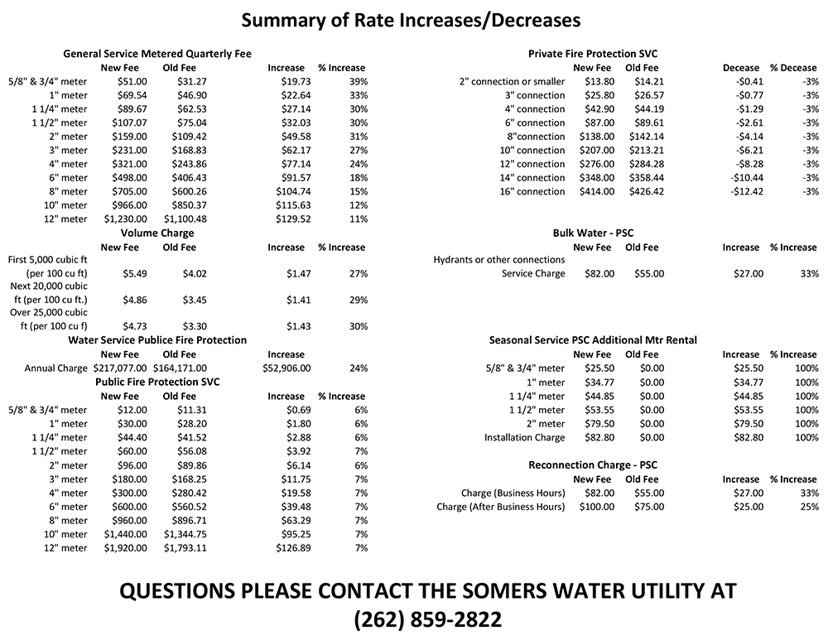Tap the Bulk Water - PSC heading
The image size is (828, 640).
point(592,233)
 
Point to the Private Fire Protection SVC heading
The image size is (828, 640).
point(593,54)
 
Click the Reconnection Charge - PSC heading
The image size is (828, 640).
point(593,465)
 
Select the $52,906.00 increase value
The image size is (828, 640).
point(286,368)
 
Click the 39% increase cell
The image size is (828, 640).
point(358,81)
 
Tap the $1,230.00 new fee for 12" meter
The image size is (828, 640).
point(125,219)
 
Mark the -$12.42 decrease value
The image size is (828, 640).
point(747,191)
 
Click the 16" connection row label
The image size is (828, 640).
point(532,191)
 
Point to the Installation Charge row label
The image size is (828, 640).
point(525,437)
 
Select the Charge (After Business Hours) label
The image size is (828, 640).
point(501,507)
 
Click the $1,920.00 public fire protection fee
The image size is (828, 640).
point(125,547)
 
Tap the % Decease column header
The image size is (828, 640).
point(793,68)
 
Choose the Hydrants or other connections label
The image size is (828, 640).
point(499,260)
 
